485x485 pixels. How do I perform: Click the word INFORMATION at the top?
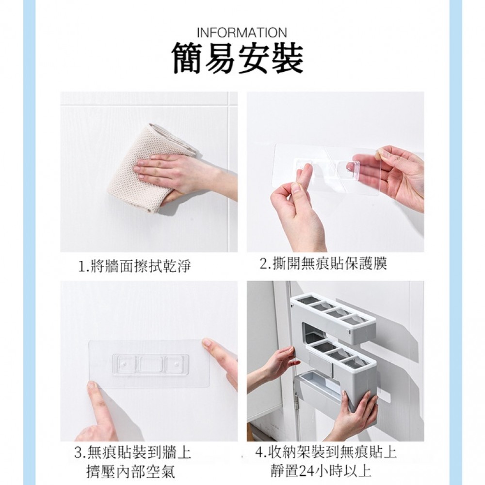[242, 32]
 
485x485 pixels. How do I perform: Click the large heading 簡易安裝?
[238, 59]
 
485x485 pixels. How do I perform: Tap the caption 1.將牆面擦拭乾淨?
[134, 266]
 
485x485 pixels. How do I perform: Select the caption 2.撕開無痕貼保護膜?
[323, 264]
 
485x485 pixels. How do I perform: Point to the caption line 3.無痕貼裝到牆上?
[133, 453]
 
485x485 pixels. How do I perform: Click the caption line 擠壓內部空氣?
[131, 472]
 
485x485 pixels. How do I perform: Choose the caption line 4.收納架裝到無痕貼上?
[326, 452]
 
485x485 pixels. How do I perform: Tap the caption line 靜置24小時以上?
[321, 471]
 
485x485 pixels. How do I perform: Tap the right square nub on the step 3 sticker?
[176, 364]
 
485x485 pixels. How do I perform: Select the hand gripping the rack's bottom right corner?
[356, 415]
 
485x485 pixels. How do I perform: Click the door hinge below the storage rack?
[298, 401]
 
